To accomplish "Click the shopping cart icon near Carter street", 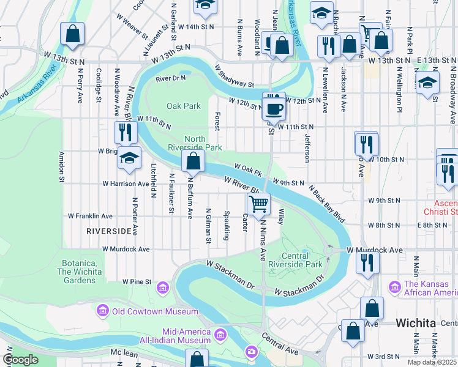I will [x=259, y=204].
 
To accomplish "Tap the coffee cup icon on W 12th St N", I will [x=274, y=109].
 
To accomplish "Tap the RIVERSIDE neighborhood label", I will [x=110, y=231].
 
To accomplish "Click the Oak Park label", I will [x=184, y=106].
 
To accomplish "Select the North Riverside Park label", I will [x=195, y=143].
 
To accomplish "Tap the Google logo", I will [x=20, y=360].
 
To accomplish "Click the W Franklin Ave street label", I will [x=90, y=216].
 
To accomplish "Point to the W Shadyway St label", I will [x=234, y=77].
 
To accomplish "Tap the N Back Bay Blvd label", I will [x=327, y=199].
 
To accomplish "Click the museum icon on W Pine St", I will [x=163, y=287].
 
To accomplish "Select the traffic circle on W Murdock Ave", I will [x=331, y=250].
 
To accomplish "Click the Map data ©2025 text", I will [x=432, y=362].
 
